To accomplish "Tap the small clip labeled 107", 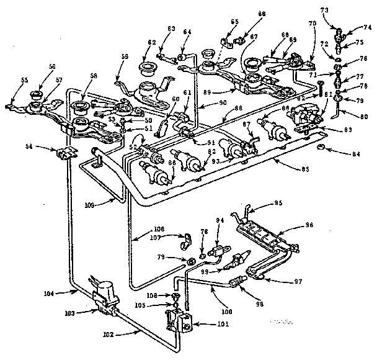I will point(184,239).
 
